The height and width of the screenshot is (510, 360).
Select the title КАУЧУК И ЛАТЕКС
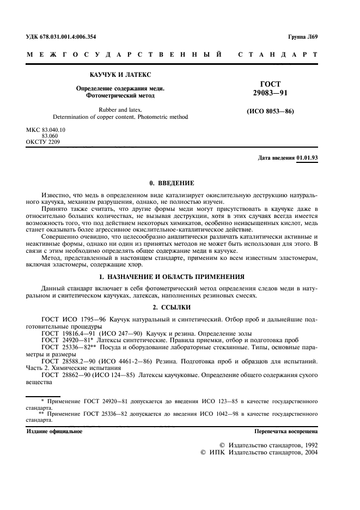coord(120,74)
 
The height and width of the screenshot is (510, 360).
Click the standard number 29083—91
coord(271,94)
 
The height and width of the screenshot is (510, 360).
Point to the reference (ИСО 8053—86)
coord(271,112)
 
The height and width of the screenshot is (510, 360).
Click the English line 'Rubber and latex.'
coord(120,110)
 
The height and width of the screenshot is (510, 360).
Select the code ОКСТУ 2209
coord(44,142)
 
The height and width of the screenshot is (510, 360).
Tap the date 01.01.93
coord(308,158)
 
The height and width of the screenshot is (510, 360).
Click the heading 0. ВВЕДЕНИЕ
coord(172,183)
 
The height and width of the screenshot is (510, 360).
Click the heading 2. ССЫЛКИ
coord(172,307)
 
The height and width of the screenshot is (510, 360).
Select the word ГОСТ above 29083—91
coord(271,84)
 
